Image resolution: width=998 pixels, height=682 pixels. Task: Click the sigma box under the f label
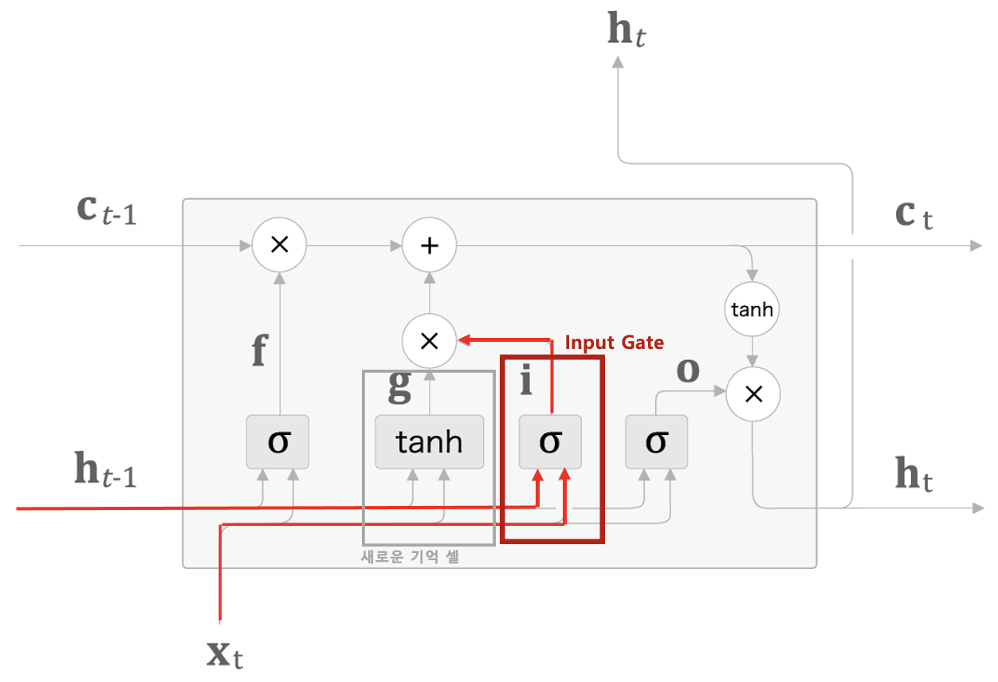point(277,441)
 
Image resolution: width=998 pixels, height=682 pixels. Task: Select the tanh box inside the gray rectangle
point(430,441)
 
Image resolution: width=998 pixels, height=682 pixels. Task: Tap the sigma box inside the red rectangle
point(550,441)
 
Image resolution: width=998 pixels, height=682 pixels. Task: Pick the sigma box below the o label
point(656,441)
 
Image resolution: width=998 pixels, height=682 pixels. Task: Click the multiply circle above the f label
point(279,245)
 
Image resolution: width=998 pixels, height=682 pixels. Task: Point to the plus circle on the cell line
point(429,245)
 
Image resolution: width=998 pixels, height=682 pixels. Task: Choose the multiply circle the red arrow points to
point(429,341)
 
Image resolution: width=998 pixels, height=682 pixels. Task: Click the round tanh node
point(752,309)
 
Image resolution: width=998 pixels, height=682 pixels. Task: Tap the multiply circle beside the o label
point(752,393)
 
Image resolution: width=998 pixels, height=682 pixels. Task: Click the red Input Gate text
point(614,343)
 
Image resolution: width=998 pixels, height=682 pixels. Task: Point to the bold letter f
point(258,352)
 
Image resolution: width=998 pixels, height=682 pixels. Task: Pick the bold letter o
point(687,370)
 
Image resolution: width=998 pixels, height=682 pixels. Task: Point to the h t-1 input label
point(105,471)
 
